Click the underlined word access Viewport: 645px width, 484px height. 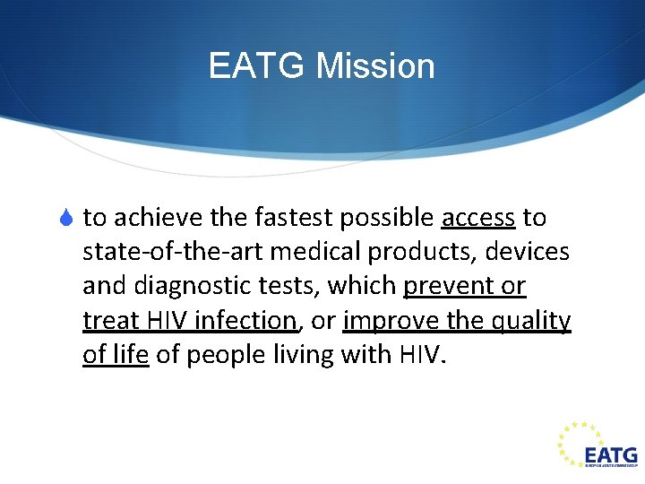(x=478, y=218)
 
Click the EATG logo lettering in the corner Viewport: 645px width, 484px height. (x=611, y=454)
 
